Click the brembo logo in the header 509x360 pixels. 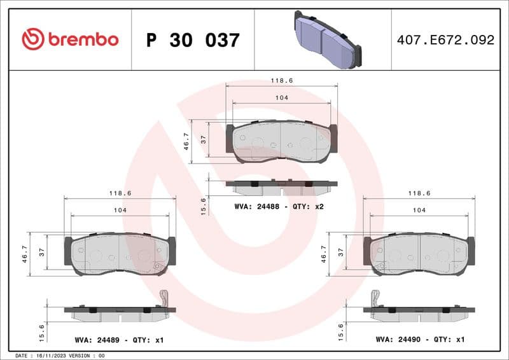[70, 39]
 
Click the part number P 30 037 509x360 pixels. [193, 40]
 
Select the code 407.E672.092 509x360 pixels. [445, 40]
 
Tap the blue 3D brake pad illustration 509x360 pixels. [326, 39]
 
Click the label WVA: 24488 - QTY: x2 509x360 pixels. [279, 206]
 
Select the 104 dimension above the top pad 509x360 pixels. [282, 97]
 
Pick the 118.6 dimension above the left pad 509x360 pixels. [119, 193]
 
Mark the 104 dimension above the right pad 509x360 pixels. [419, 210]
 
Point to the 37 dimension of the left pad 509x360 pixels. [42, 253]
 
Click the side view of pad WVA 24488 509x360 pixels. [281, 187]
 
